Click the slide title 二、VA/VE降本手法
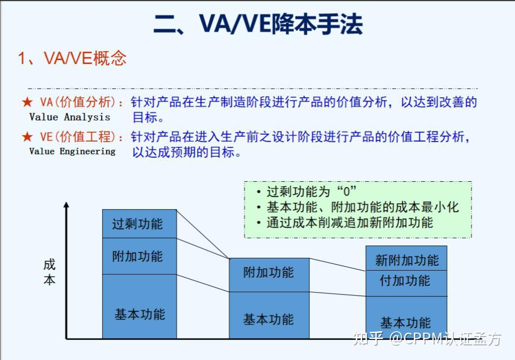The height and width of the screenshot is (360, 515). [258, 24]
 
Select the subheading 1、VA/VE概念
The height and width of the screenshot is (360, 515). [72, 59]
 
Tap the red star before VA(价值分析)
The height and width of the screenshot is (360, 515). [27, 103]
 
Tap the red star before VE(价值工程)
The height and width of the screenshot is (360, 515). [27, 137]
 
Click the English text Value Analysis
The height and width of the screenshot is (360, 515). [70, 117]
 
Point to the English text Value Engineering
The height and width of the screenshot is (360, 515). [72, 151]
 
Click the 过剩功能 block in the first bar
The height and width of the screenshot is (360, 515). [139, 224]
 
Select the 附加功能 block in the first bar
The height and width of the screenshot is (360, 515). [139, 256]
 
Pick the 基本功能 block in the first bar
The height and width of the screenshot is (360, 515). [139, 313]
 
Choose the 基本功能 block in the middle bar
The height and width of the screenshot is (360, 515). [269, 318]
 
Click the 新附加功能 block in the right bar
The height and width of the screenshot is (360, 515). [407, 259]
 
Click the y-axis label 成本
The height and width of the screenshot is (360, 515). [49, 272]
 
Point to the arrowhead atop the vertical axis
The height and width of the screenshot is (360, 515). [66, 205]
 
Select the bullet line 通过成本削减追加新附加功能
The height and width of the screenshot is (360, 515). [349, 223]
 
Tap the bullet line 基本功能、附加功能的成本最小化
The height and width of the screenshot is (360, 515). [362, 207]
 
